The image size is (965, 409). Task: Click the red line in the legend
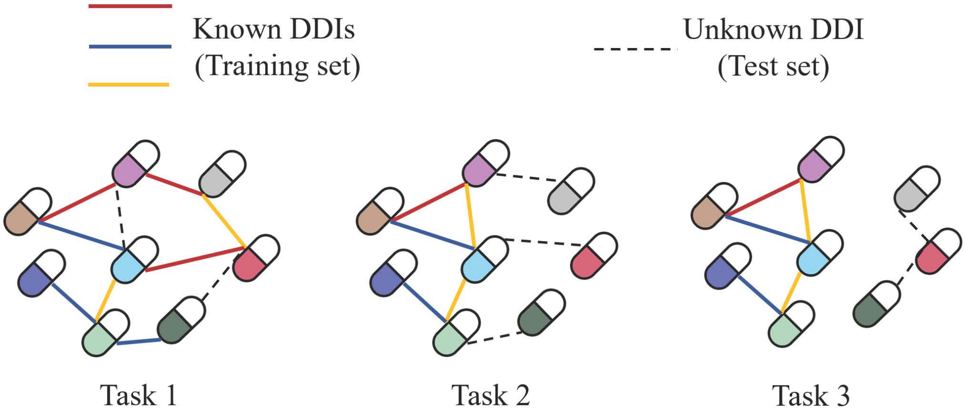coord(130,6)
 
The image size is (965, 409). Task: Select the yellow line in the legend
coord(129,85)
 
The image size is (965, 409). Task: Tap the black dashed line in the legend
coord(636,48)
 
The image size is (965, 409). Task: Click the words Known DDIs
coord(274,29)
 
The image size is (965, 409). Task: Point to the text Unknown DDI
coord(773,29)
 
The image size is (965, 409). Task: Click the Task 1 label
coord(139,395)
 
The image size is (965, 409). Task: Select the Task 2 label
coord(491,395)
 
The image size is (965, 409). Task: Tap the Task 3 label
coord(810,395)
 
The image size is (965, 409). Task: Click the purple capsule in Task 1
coord(136,163)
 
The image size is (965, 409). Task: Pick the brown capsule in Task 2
coord(380,211)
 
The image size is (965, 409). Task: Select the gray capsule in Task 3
coord(917,189)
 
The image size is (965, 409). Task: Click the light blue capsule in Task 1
coord(135,260)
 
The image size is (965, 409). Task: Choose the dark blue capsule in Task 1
coord(41,273)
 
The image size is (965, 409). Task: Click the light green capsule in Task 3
coord(791,324)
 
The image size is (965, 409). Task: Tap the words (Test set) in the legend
coord(773,66)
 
